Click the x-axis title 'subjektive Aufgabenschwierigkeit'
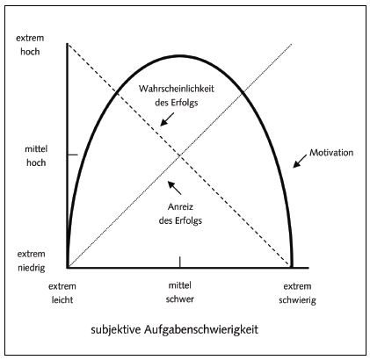pyautogui.click(x=175, y=329)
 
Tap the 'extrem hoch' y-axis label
pyautogui.click(x=30, y=45)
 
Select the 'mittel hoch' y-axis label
pyautogui.click(x=36, y=155)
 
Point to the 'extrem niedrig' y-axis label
pyautogui.click(x=32, y=261)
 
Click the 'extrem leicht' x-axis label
pyautogui.click(x=62, y=293)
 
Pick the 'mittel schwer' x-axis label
pyautogui.click(x=180, y=292)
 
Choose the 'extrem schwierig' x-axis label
pyautogui.click(x=297, y=293)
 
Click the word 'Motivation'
pyautogui.click(x=331, y=153)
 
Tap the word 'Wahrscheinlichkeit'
pyautogui.click(x=177, y=89)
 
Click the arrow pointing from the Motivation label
pyautogui.click(x=300, y=162)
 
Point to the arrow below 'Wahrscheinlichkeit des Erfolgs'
pyautogui.click(x=167, y=119)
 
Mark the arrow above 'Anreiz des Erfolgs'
pyautogui.click(x=175, y=188)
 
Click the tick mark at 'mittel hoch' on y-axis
pyautogui.click(x=73, y=155)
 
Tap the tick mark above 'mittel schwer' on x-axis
pyautogui.click(x=180, y=262)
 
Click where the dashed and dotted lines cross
pyautogui.click(x=179, y=156)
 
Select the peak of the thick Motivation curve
pyautogui.click(x=180, y=55)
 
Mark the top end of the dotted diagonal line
pyautogui.click(x=292, y=44)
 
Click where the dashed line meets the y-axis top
pyautogui.click(x=68, y=44)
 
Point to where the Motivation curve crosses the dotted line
pyautogui.click(x=243, y=93)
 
